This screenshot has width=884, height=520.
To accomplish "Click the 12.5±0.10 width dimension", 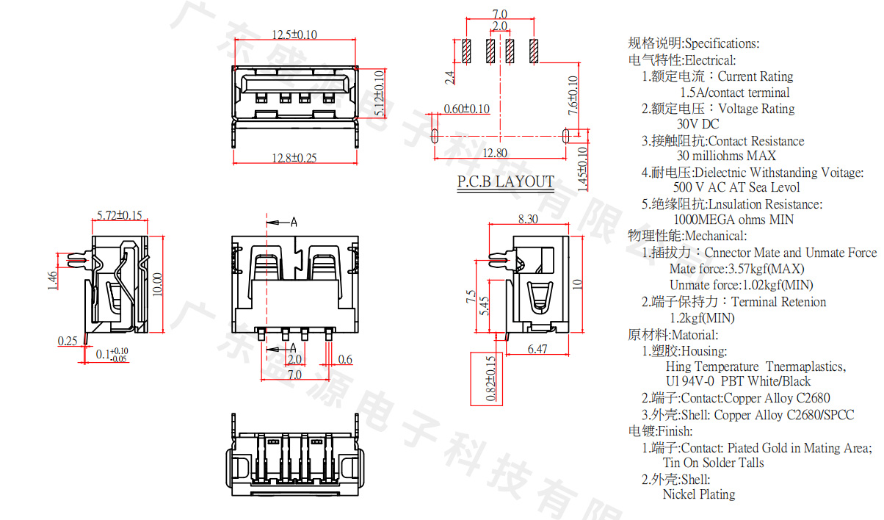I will [x=294, y=35].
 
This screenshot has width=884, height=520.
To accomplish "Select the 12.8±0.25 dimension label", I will [x=294, y=158].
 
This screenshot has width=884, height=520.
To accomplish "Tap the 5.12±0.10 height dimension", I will [x=380, y=93].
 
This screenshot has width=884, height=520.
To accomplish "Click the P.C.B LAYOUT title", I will [x=506, y=181].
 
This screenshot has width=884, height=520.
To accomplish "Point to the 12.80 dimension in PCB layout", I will [x=495, y=153].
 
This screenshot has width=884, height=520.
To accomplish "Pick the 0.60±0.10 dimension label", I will [x=466, y=109].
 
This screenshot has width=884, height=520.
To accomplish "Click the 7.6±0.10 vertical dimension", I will [x=573, y=94].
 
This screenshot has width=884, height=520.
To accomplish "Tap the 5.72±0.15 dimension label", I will [x=120, y=215].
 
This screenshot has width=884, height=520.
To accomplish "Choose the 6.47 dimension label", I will [x=537, y=350].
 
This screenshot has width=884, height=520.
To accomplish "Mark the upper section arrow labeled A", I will [x=283, y=221].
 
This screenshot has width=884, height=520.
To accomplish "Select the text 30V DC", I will [x=698, y=124].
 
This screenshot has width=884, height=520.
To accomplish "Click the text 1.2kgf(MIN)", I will [x=701, y=318].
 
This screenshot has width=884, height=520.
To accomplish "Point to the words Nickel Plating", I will [x=698, y=494].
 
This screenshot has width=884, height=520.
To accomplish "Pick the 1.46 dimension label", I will [x=53, y=281].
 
